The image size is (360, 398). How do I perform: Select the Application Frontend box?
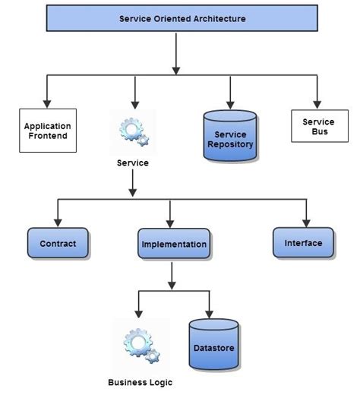(47, 131)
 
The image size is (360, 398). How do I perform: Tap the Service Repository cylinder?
(229, 135)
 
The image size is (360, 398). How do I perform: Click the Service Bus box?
(318, 126)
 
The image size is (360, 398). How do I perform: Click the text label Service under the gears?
(133, 163)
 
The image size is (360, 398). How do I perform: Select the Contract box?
(57, 243)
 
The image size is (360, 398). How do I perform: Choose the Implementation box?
(173, 245)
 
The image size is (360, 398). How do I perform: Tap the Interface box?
(303, 243)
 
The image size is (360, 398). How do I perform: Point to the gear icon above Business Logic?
(141, 343)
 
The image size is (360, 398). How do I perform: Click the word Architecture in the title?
(218, 19)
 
